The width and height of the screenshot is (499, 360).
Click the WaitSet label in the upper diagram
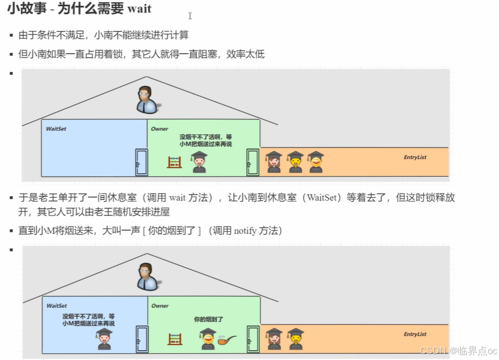56,129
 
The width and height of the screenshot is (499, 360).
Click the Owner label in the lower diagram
160,306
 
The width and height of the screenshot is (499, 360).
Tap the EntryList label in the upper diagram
415,157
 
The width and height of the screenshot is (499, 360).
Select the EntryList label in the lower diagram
415,334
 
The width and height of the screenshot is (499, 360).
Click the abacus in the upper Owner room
174,162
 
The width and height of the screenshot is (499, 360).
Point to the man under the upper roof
147,100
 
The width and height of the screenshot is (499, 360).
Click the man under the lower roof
147,277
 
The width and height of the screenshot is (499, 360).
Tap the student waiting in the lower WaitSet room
104,339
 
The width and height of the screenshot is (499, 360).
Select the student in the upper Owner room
199,162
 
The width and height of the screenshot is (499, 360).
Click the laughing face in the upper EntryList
315,162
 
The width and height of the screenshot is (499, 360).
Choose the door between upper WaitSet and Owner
141,162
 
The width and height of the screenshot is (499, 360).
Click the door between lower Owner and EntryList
253,339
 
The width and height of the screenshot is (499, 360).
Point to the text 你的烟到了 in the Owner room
209,319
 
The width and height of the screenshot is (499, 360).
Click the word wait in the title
139,9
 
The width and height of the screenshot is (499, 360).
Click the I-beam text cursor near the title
190,16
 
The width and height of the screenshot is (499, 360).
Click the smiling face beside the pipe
208,339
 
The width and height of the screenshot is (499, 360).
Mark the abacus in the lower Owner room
175,339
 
